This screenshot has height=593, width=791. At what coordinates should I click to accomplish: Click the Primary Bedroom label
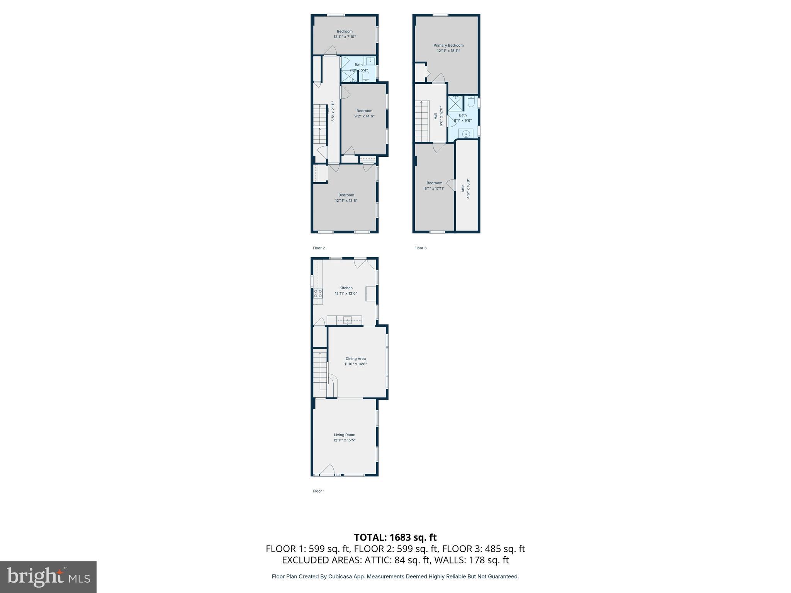point(448,46)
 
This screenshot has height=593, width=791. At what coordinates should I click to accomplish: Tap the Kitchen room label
point(346,288)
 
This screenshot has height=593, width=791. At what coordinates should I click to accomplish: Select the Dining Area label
point(355,359)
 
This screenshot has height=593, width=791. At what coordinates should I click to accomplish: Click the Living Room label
point(344,435)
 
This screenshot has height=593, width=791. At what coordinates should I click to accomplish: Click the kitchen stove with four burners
point(318,293)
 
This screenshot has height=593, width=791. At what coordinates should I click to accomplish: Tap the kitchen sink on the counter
point(348,320)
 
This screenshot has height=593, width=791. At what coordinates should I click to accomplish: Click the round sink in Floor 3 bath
point(466,134)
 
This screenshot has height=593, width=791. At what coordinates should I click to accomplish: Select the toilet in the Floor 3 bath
point(471,102)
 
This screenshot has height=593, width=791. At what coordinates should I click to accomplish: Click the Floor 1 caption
point(319,491)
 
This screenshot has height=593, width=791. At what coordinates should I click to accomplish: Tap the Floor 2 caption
point(319,248)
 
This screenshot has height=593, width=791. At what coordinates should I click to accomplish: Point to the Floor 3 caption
point(420,248)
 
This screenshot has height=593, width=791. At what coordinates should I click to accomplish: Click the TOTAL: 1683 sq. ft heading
point(395,537)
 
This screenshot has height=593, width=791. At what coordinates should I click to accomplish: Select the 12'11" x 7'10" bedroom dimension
point(345,37)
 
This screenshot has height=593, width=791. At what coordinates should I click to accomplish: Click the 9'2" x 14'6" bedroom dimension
point(364,116)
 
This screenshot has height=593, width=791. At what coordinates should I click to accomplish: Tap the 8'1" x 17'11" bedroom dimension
point(434,188)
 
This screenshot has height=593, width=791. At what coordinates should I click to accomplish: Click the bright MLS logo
point(48,577)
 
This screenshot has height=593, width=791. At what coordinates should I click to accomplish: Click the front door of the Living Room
point(327,470)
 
